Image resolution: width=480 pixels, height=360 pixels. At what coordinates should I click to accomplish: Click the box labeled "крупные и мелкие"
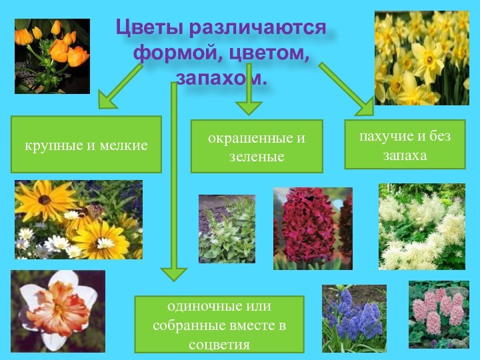pyautogui.click(x=86, y=145)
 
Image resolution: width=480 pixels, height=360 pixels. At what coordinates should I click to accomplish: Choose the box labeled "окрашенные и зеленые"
pyautogui.click(x=257, y=147)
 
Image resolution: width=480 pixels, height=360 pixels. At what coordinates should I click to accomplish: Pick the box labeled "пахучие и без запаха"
pyautogui.click(x=405, y=145)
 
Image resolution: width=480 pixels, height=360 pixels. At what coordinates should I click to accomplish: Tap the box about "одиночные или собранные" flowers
pyautogui.click(x=219, y=325)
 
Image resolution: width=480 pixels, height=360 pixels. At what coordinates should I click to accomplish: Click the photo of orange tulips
pyautogui.click(x=52, y=56)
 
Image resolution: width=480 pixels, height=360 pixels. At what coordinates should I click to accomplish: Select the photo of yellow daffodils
pyautogui.click(x=421, y=58)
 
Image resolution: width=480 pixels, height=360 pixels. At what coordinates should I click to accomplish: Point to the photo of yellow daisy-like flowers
pyautogui.click(x=79, y=219)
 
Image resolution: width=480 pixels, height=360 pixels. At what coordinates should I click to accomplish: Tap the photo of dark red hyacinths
pyautogui.click(x=313, y=229)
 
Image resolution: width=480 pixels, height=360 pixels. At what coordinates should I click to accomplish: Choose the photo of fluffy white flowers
pyautogui.click(x=422, y=227)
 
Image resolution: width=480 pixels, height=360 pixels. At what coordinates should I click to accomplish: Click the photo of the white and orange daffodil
pyautogui.click(x=58, y=311)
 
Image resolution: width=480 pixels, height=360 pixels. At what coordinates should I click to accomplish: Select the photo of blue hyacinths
pyautogui.click(x=354, y=318)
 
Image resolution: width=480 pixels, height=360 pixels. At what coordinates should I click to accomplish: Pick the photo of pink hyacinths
pyautogui.click(x=439, y=314)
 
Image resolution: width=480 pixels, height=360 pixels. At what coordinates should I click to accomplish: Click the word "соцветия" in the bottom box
pyautogui.click(x=219, y=345)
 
